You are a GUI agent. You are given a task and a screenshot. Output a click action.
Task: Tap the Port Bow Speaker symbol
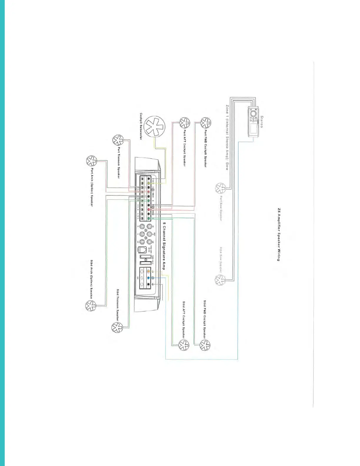(x=219, y=188)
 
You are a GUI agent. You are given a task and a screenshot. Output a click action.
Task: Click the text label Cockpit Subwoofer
(x=141, y=127)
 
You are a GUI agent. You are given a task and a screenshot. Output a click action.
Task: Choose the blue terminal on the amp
(x=149, y=278)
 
